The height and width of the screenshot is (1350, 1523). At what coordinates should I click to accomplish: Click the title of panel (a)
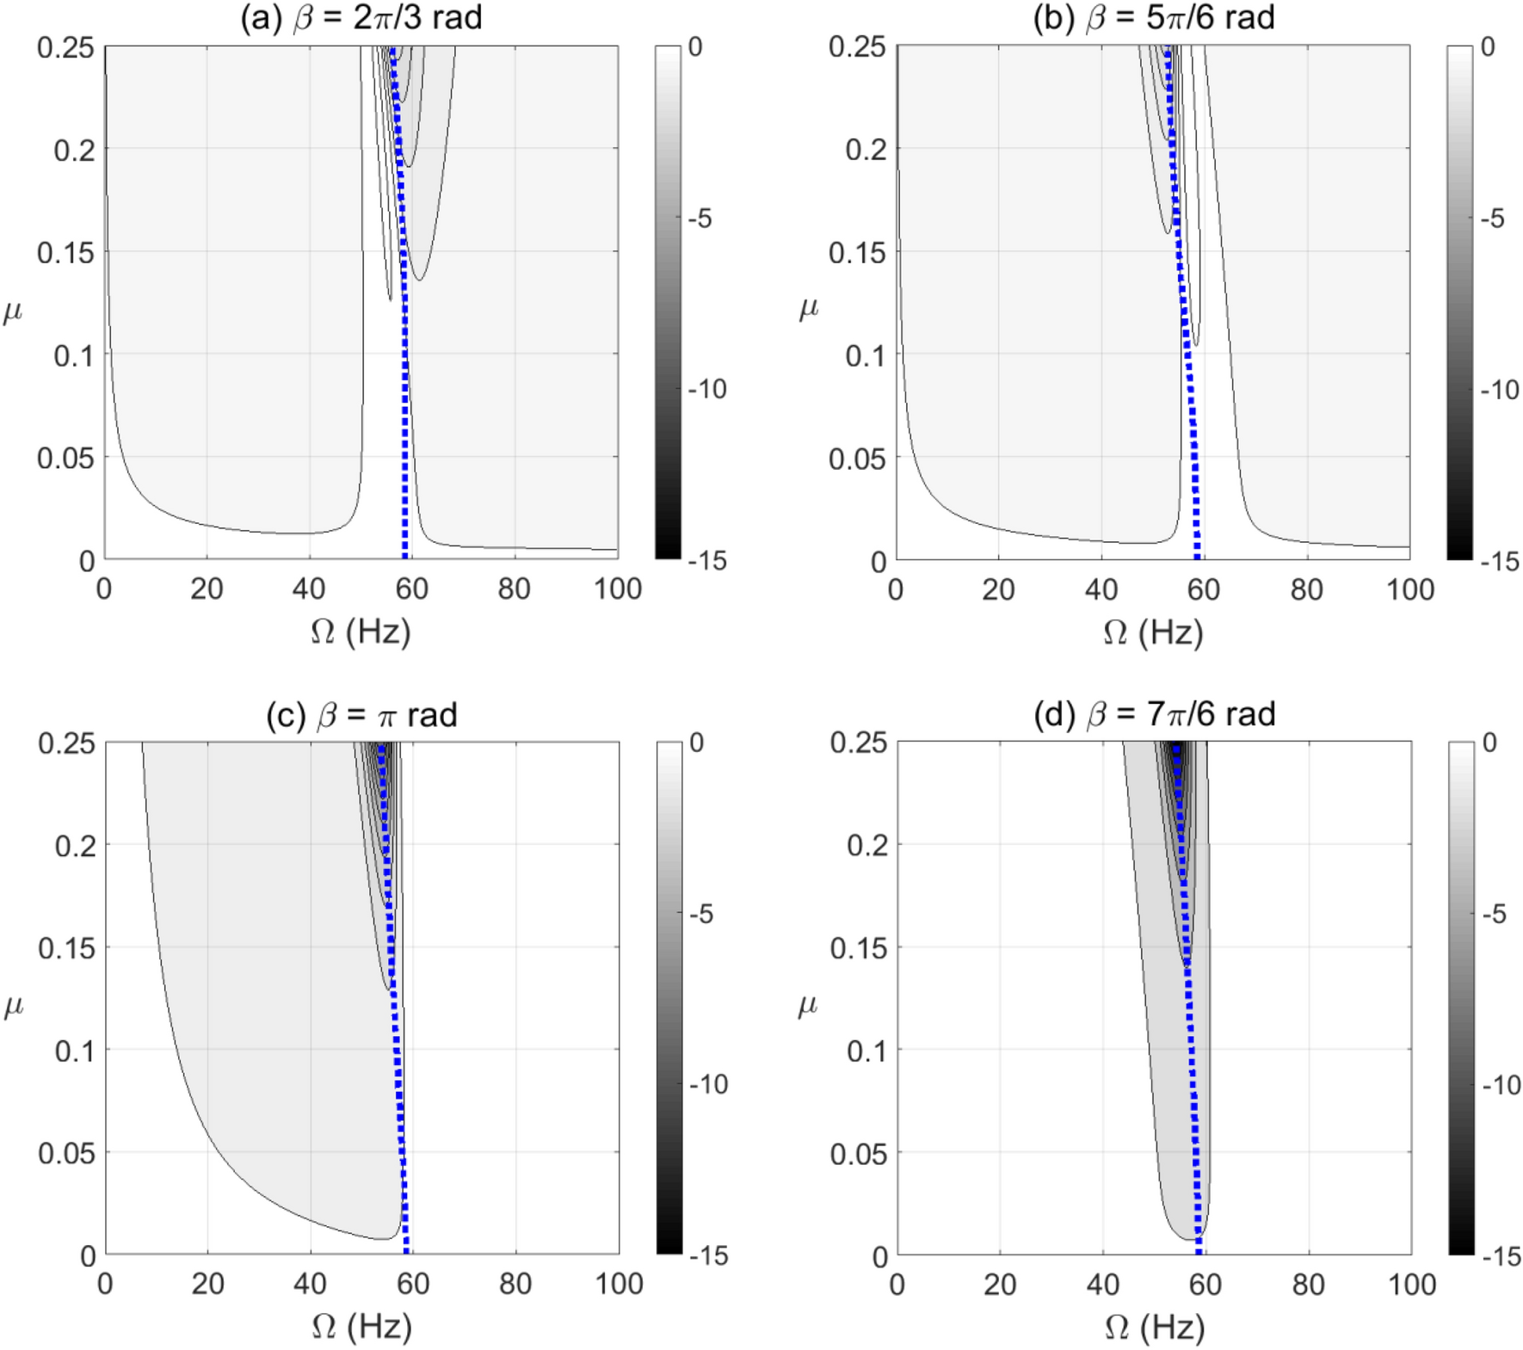click(361, 18)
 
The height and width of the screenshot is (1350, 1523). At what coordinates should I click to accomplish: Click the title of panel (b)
click(1153, 18)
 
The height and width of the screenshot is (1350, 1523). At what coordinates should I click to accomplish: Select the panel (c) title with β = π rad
click(361, 715)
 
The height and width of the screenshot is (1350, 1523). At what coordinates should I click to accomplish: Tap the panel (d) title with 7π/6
click(1154, 714)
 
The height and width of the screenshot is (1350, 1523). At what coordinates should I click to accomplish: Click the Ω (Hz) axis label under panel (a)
click(361, 632)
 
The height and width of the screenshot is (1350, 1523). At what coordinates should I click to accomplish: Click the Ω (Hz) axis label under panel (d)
click(1154, 1328)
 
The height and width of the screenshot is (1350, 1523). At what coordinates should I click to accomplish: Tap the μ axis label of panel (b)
click(808, 307)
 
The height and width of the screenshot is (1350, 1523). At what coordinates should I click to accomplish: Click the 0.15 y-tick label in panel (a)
click(65, 253)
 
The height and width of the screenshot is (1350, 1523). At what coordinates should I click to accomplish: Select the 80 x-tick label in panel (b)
click(1306, 589)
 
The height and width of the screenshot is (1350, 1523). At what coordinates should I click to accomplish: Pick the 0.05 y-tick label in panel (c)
click(66, 1153)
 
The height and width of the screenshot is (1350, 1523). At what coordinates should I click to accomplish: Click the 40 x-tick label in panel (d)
click(1102, 1285)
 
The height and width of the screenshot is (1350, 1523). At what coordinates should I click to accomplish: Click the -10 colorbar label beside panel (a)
click(707, 390)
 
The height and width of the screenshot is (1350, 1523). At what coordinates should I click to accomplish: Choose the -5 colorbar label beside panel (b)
click(1492, 219)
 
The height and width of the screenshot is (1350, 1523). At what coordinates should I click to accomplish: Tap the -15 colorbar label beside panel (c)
click(708, 1256)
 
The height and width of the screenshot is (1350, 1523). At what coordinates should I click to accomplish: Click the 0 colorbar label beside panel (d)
click(1489, 743)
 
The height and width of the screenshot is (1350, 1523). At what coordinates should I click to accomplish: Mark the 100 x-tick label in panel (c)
click(619, 1285)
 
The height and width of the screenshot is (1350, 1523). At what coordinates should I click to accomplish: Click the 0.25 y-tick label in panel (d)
click(858, 743)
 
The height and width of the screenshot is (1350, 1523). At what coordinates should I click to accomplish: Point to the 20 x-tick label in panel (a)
click(207, 589)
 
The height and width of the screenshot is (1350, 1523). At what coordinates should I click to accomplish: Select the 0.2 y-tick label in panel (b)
click(866, 150)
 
